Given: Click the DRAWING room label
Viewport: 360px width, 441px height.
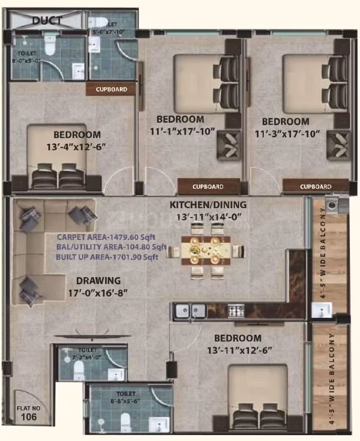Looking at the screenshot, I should (98, 281).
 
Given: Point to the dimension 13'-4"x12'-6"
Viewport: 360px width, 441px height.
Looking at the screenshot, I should (77, 146).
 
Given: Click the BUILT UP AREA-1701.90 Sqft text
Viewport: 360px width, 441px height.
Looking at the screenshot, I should (107, 257).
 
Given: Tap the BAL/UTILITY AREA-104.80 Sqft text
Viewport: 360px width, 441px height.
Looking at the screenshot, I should (111, 247).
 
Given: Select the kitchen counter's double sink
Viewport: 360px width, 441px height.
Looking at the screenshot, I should (191, 311).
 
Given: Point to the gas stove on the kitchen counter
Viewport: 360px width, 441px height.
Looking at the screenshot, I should (236, 311).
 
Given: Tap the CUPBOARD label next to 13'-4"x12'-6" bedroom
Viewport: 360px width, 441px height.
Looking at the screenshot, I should (110, 90).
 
